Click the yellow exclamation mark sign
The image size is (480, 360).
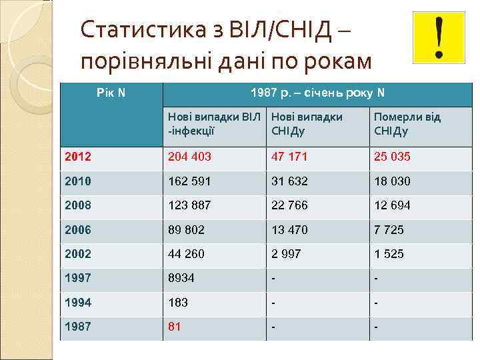(x=438, y=37)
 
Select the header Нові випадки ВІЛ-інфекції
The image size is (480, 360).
(x=213, y=124)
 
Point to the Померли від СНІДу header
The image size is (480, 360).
(x=407, y=124)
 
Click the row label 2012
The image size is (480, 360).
(x=77, y=157)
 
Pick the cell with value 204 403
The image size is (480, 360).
(x=189, y=157)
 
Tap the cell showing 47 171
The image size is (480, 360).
(x=289, y=157)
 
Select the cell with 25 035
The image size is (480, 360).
(x=392, y=157)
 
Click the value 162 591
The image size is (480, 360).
(x=189, y=181)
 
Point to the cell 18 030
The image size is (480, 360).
(x=392, y=181)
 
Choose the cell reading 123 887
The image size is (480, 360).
(x=189, y=205)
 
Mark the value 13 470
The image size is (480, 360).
(x=289, y=230)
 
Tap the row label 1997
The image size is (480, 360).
(x=77, y=278)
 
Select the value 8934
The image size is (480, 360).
(x=181, y=278)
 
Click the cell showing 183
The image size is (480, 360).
(x=178, y=303)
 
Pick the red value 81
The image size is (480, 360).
(x=175, y=327)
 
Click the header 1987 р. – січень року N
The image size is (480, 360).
(x=317, y=93)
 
